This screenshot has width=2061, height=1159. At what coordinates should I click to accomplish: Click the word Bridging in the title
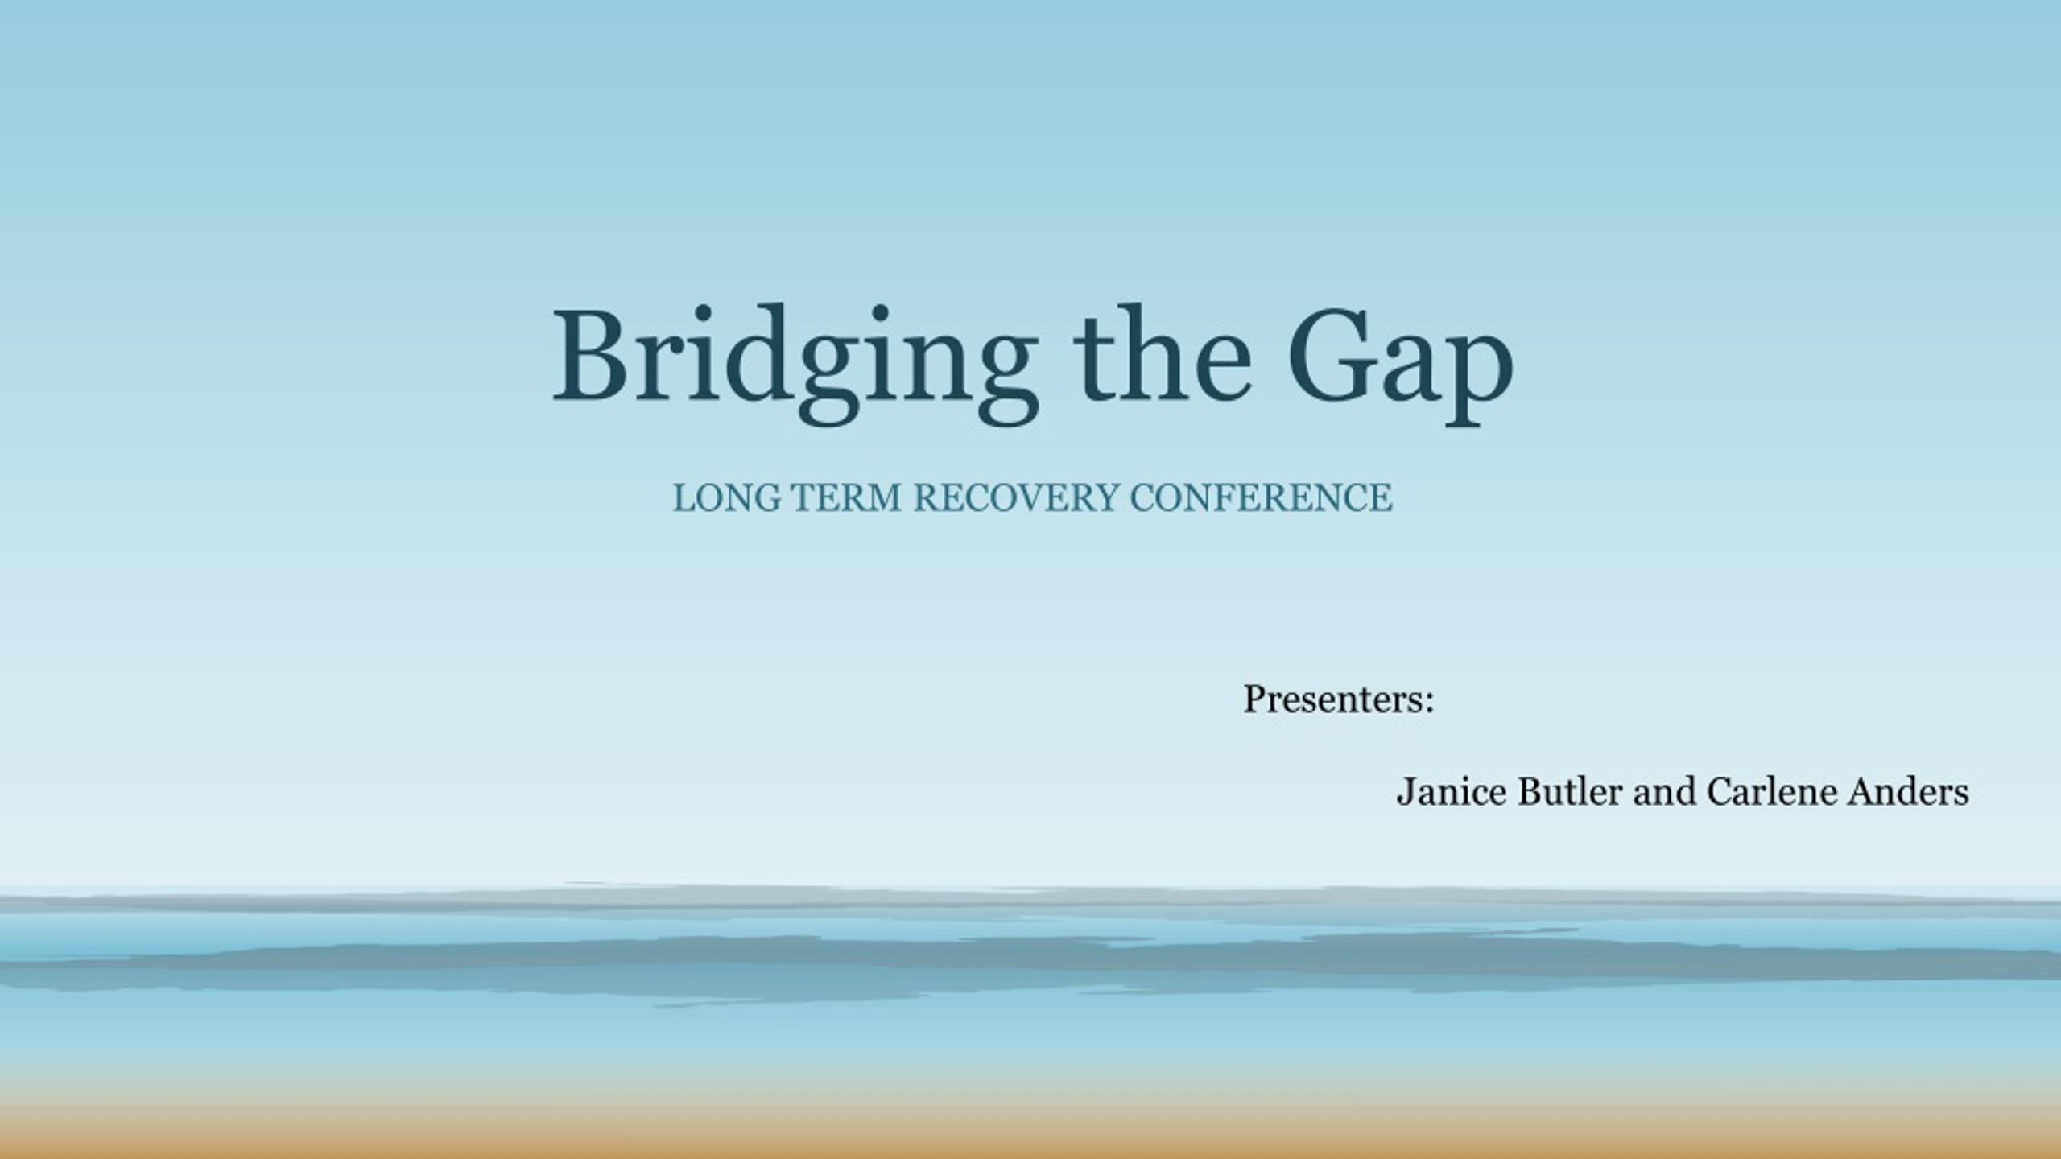click(793, 358)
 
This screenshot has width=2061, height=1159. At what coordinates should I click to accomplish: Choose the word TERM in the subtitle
click(846, 497)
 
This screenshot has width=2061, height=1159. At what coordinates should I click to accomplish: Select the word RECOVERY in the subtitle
click(1015, 497)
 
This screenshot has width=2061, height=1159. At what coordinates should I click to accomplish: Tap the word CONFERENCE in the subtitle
click(1260, 497)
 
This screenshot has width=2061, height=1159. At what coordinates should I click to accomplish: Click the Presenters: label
click(1338, 699)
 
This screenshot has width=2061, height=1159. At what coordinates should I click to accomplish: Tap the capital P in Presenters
click(1254, 699)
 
